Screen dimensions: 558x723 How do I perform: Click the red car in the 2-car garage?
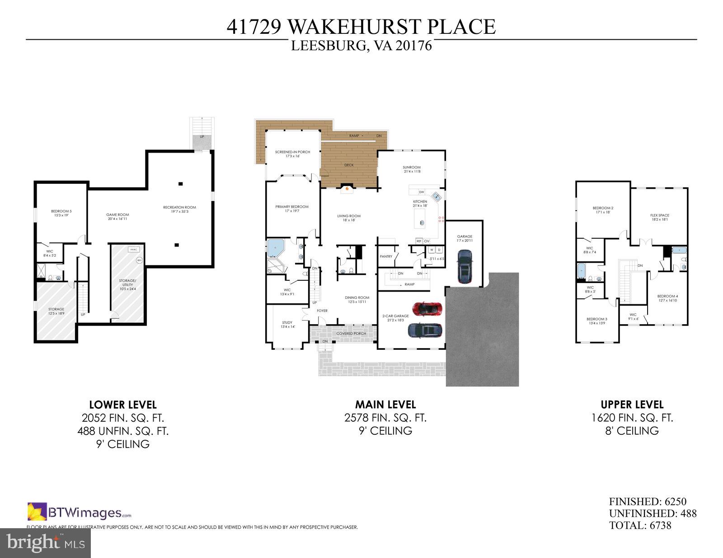427,309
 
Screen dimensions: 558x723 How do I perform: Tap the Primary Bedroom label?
292,209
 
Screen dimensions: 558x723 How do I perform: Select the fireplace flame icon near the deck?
346,189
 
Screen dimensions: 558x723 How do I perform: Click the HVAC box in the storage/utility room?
133,250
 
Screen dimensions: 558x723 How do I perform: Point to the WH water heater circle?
139,260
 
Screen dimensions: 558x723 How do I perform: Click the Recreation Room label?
179,209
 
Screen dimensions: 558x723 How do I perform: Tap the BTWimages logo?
80,512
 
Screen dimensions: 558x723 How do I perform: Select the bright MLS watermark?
45,543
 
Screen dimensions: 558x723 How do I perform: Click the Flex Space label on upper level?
660,217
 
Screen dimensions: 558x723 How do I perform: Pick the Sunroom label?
412,169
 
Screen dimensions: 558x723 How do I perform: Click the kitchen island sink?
422,223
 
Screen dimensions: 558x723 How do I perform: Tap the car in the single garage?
465,267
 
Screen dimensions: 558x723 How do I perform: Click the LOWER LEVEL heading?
123,405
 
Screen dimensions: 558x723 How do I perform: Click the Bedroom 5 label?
61,213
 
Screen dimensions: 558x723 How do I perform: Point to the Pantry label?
386,256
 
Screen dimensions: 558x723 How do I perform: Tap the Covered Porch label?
351,334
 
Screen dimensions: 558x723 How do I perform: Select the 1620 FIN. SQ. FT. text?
632,418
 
